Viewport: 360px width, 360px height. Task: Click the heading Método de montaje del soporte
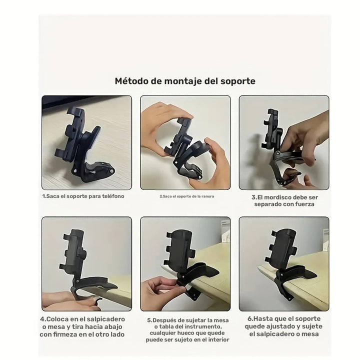click(x=185, y=80)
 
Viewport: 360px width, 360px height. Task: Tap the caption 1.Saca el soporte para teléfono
click(x=83, y=196)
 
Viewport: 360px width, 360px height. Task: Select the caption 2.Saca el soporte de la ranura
click(x=186, y=196)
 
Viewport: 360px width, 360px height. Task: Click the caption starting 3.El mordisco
click(x=285, y=200)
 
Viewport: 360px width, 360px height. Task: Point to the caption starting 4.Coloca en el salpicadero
click(x=82, y=326)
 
